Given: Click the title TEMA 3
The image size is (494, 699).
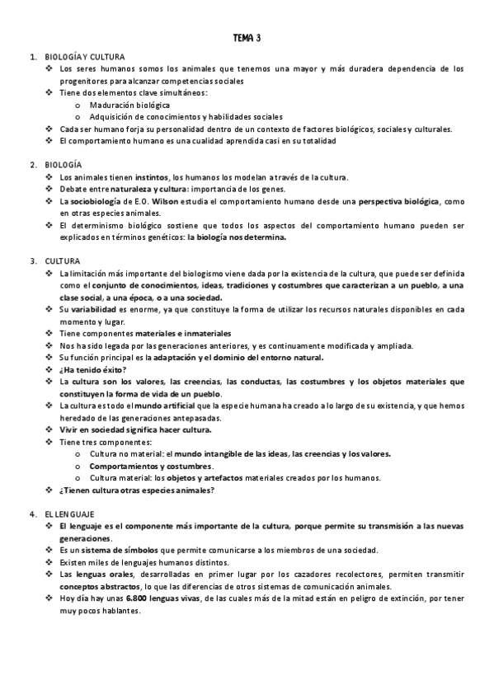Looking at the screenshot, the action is tap(247, 37).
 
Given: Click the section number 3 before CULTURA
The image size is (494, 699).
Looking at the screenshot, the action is tap(31, 260).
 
